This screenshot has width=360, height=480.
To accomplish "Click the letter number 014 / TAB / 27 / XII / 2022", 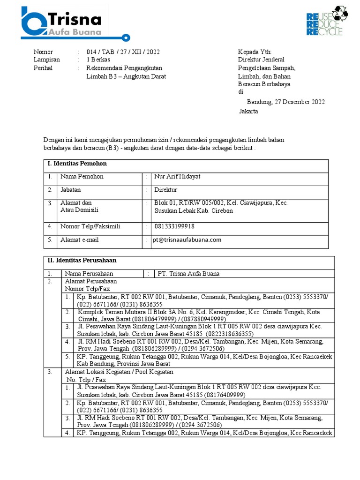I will pos(126,52).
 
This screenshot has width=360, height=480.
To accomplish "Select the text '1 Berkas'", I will pos(98,60).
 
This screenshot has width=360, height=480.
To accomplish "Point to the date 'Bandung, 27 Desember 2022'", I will pos(285,102).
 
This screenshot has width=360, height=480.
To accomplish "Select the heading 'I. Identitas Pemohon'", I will pos(77,164).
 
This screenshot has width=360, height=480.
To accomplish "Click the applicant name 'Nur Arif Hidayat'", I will pos(177,177).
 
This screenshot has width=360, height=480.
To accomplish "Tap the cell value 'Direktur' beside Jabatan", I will pos(166,190).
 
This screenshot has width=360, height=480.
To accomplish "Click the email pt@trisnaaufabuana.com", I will pos(187,240).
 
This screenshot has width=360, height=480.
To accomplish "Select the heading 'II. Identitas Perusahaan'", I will pos(82,260).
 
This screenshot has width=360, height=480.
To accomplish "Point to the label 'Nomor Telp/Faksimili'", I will pos(90,226).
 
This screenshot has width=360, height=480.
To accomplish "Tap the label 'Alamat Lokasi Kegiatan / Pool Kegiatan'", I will pos(119,372).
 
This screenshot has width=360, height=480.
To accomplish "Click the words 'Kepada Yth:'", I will pos(255,52).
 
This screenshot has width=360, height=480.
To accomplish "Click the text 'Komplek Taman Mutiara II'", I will pos(112,312).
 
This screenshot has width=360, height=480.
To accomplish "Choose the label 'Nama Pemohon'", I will pos(82,177).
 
